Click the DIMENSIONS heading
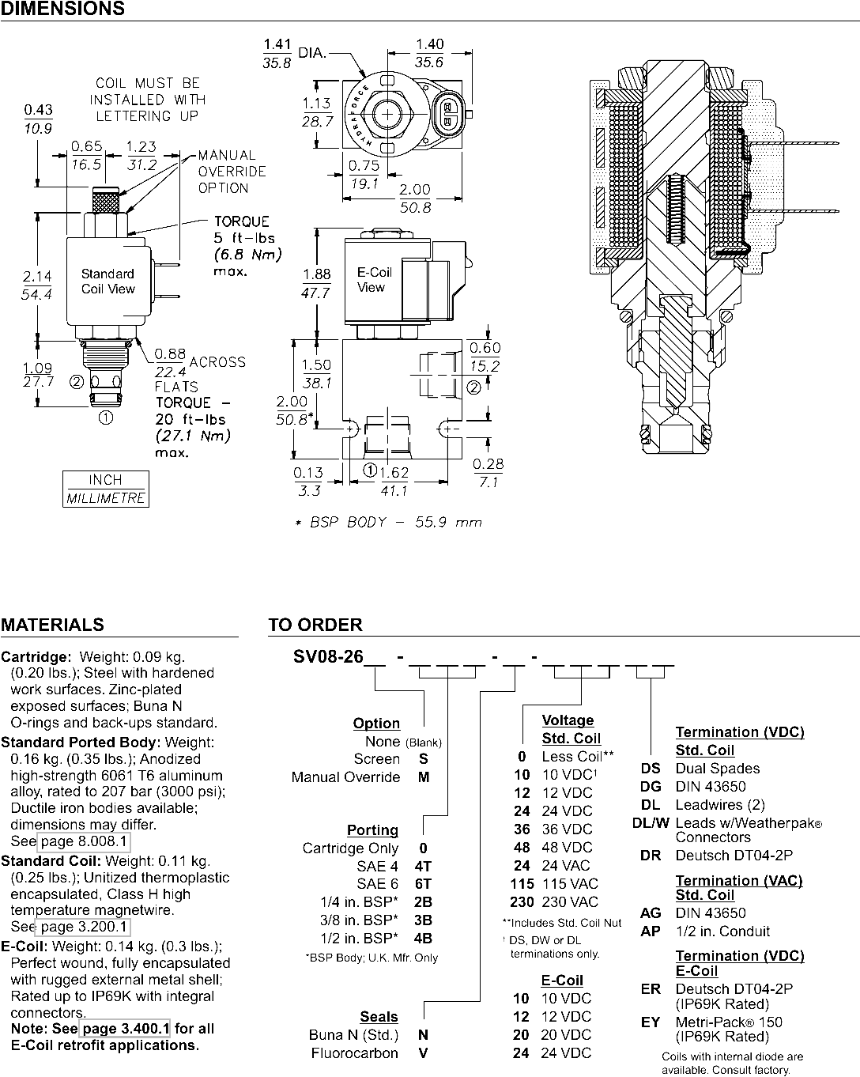62,9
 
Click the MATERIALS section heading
52,625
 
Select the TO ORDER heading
315,625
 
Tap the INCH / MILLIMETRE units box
106,489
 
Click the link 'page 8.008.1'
84,841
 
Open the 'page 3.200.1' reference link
84,927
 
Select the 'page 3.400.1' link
126,1029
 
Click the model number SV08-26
328,656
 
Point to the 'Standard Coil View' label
108,282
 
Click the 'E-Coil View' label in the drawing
374,279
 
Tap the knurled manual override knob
106,201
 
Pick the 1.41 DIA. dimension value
277,44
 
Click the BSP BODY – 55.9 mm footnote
388,523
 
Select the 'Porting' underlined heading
373,829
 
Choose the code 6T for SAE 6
423,884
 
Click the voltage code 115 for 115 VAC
522,884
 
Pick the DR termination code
651,856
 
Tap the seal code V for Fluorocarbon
423,1053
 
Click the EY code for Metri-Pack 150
651,1022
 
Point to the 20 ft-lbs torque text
190,419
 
